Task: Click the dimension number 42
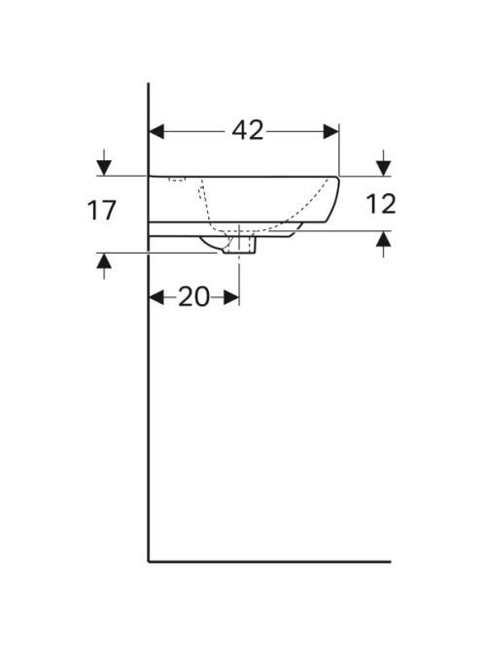[x=248, y=131]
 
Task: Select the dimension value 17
[x=102, y=210]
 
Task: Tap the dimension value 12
[x=381, y=204]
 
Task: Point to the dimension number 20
[x=193, y=296]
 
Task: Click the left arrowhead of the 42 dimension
[x=156, y=132]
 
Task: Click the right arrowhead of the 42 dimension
[x=331, y=132]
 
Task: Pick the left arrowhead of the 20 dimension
[x=156, y=297]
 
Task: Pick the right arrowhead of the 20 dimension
[x=231, y=297]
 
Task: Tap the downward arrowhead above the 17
[x=104, y=168]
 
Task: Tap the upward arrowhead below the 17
[x=104, y=260]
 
